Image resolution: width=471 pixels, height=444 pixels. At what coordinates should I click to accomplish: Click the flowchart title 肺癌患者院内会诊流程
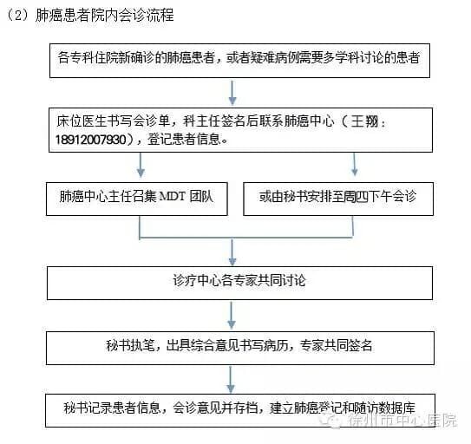coord(105,15)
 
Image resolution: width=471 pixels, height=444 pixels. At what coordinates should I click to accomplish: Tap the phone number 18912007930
coord(91,140)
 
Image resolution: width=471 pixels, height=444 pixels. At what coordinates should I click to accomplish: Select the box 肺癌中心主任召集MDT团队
coord(137,199)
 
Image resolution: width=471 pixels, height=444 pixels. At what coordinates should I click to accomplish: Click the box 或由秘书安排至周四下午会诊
coord(338,199)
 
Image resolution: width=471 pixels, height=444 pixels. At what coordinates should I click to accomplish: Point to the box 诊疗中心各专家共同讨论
coord(239,283)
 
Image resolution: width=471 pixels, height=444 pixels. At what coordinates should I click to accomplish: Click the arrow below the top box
coord(232,93)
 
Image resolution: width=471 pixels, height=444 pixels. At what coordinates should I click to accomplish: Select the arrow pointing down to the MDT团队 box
coord(141,165)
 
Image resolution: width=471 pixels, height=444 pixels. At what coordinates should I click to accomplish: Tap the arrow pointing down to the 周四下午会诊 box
coord(355,164)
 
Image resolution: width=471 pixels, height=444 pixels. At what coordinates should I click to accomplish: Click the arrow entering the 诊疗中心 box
coord(232,252)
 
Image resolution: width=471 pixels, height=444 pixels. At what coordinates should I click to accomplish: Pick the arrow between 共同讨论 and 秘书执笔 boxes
coord(232,316)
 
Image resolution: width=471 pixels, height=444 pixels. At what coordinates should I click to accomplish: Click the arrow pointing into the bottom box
coord(231,380)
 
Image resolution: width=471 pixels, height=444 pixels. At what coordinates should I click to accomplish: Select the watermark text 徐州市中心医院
coord(402,420)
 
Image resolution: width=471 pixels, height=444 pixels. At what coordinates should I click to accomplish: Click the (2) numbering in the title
coord(18,15)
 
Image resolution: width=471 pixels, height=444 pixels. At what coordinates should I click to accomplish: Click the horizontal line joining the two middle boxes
coord(245,238)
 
